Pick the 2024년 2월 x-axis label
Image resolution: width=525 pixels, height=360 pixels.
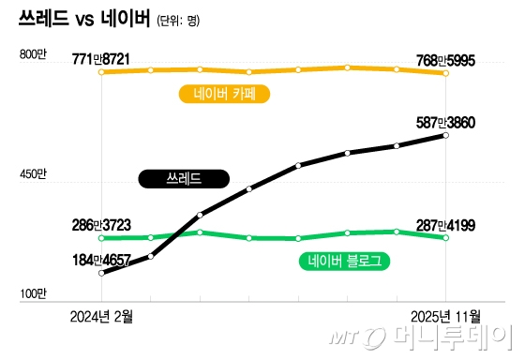(101, 316)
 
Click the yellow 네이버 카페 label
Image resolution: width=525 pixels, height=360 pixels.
(230, 93)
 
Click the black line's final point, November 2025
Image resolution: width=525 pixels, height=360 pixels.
(445, 136)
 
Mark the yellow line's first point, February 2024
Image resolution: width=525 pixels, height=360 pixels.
(101, 71)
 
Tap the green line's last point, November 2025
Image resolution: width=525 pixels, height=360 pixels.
(445, 237)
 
